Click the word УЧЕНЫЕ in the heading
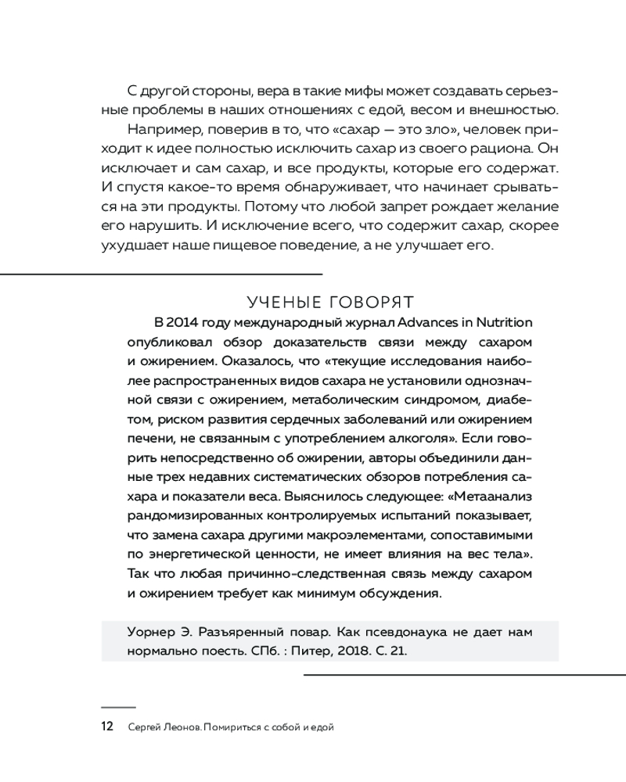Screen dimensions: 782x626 click(286, 301)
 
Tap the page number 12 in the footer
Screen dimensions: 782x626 click(108, 728)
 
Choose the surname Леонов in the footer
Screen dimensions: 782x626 click(181, 728)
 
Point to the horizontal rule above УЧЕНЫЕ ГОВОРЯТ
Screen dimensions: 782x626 click(161, 274)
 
